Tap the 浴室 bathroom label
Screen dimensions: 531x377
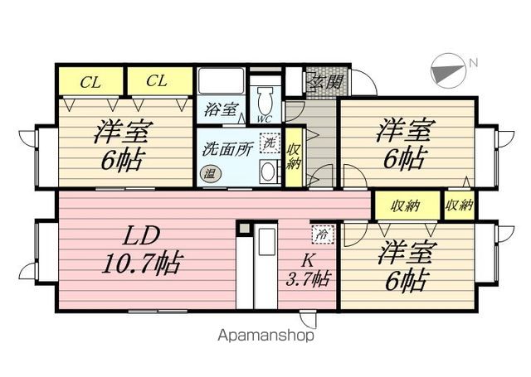pyautogui.click(x=222, y=109)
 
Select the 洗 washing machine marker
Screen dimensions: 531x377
pyautogui.click(x=270, y=143)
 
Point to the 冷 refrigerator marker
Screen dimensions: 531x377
pyautogui.click(x=323, y=234)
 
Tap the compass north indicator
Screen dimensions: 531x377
pyautogui.click(x=449, y=71)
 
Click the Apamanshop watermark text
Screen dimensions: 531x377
pyautogui.click(x=265, y=336)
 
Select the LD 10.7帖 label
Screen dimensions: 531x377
pyautogui.click(x=142, y=250)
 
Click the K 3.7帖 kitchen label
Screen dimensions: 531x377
pyautogui.click(x=308, y=271)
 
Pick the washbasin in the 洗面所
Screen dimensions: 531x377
pyautogui.click(x=269, y=172)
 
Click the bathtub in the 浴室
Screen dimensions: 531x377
pyautogui.click(x=222, y=81)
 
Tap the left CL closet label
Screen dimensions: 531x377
pyautogui.click(x=90, y=82)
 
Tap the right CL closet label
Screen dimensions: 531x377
pyautogui.click(x=157, y=81)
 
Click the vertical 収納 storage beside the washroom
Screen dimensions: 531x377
pyautogui.click(x=293, y=157)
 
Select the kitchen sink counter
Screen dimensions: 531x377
pyautogui.click(x=266, y=265)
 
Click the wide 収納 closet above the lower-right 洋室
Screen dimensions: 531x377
pyautogui.click(x=407, y=205)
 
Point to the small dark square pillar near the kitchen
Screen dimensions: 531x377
pyautogui.click(x=243, y=228)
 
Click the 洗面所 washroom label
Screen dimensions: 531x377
pyautogui.click(x=227, y=149)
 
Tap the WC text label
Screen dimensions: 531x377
pyautogui.click(x=265, y=119)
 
